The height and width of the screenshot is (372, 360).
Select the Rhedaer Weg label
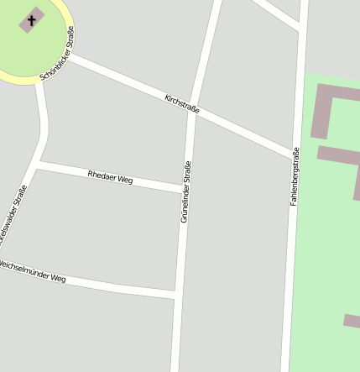point(110,177)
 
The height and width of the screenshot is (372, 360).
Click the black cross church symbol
point(33,18)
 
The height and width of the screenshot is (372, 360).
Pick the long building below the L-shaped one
point(340,165)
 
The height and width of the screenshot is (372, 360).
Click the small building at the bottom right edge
point(352,320)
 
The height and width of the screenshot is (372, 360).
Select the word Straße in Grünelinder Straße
point(187,176)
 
